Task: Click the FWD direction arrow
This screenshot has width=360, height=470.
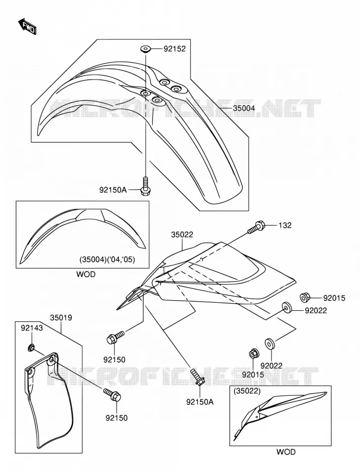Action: tap(27, 26)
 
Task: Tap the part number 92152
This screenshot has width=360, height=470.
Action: tap(174, 49)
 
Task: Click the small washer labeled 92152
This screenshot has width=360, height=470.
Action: tap(146, 49)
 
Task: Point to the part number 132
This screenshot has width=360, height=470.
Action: tap(285, 225)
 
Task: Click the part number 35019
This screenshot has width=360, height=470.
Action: tap(61, 317)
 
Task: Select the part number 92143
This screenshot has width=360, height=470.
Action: tap(32, 328)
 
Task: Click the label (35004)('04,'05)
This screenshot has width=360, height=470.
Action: tap(107, 260)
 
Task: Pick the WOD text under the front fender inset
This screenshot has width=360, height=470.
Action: tap(86, 274)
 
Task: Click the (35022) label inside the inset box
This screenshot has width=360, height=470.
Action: tap(247, 391)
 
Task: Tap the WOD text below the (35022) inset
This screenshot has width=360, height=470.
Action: tap(286, 452)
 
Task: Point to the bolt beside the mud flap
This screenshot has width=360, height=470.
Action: tap(112, 395)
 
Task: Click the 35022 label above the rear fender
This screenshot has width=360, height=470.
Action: tap(182, 234)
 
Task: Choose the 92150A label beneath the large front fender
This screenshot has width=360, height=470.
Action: tap(113, 190)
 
